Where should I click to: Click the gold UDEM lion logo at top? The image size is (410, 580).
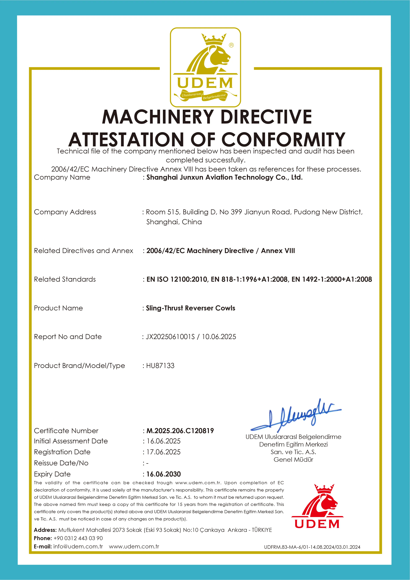pyautogui.click(x=205, y=67)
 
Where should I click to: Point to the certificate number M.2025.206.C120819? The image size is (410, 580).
pyautogui.click(x=180, y=431)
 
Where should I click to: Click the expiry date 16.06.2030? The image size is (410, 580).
pyautogui.click(x=164, y=474)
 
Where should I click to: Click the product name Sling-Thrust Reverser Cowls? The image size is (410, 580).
pyautogui.click(x=191, y=308)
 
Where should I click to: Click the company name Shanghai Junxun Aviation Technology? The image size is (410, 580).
pyautogui.click(x=224, y=177)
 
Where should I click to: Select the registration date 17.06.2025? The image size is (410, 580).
pyautogui.click(x=164, y=452)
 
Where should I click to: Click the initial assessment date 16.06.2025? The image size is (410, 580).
pyautogui.click(x=164, y=441)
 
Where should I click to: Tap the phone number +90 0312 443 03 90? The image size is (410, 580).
pyautogui.click(x=78, y=538)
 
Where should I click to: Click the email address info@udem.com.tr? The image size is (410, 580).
pyautogui.click(x=78, y=546)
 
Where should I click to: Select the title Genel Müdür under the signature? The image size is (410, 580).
pyautogui.click(x=293, y=459)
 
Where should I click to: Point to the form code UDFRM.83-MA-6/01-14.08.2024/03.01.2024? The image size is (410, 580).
pyautogui.click(x=312, y=547)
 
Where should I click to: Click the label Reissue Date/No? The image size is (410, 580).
pyautogui.click(x=61, y=463)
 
